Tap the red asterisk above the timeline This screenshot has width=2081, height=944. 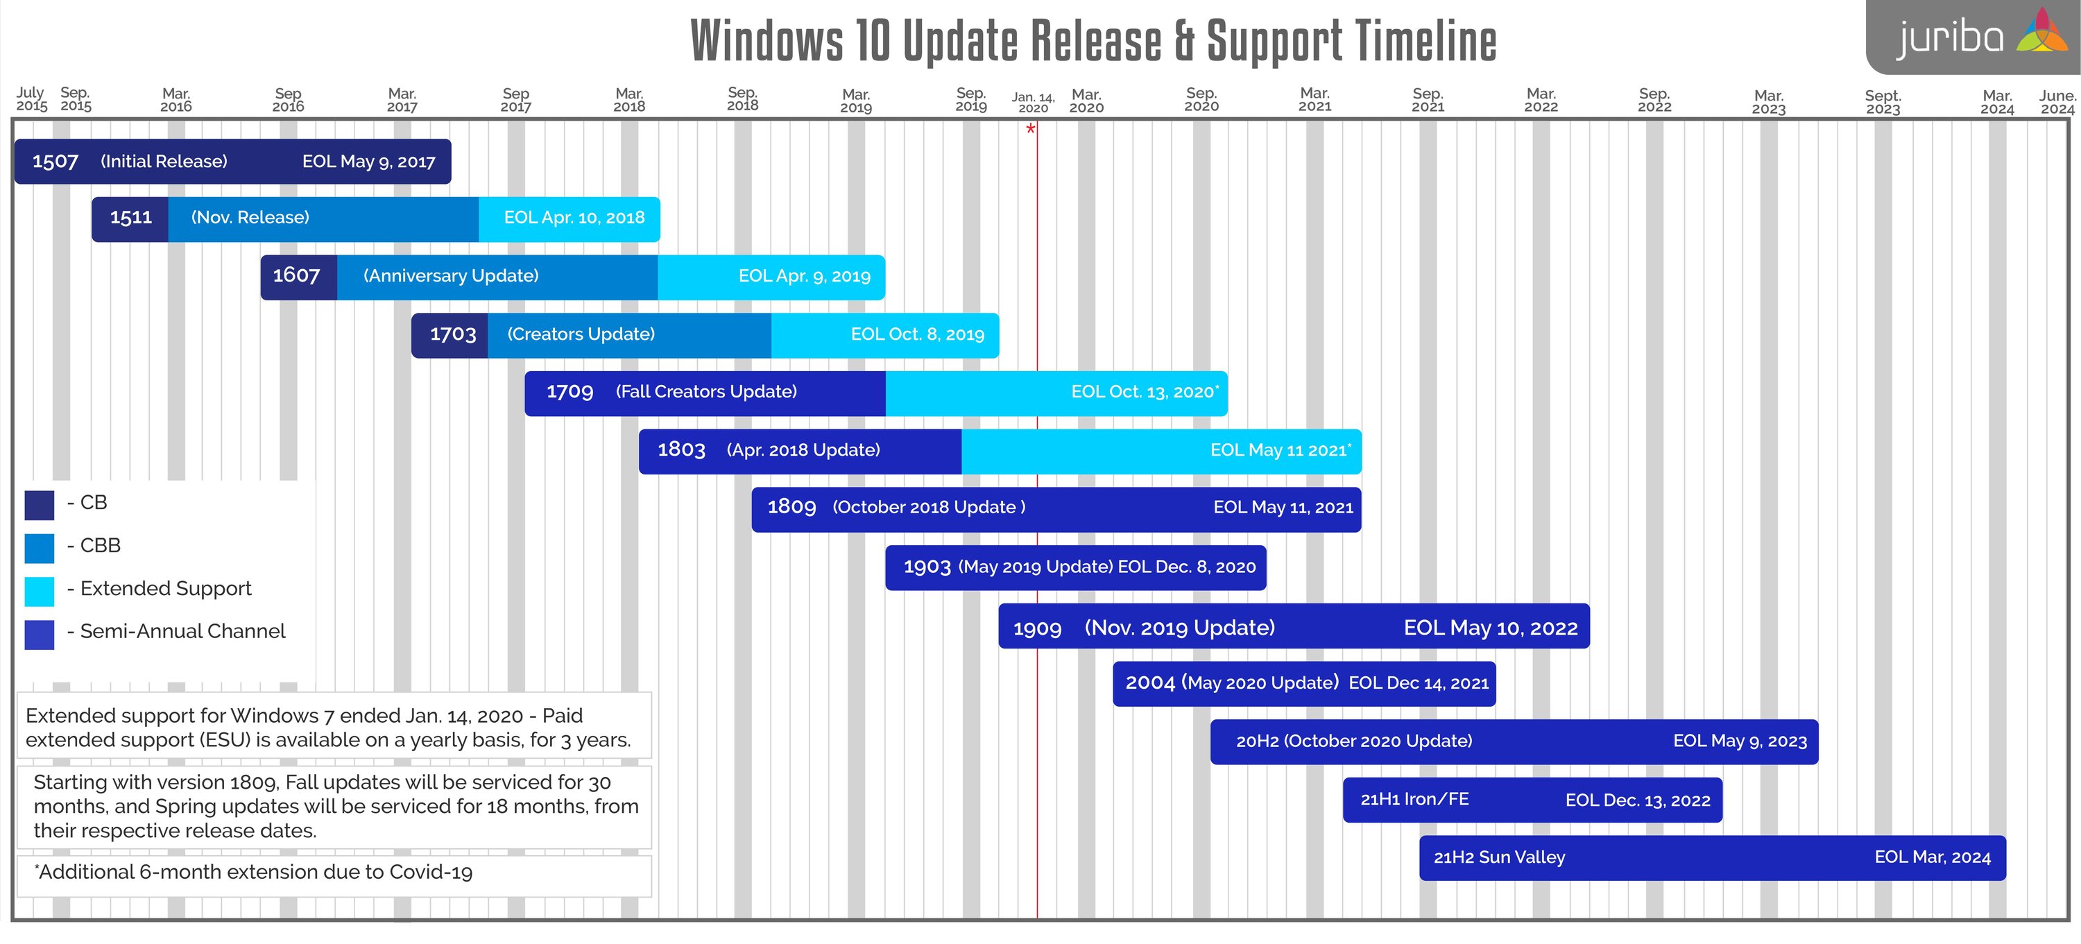(1031, 129)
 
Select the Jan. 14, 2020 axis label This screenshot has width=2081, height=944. (1034, 103)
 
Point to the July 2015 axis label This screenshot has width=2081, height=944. (31, 99)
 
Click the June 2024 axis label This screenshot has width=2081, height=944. (2057, 103)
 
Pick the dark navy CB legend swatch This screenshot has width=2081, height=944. (40, 505)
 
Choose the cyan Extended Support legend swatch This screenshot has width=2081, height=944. (40, 591)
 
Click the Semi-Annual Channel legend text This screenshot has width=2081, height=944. (182, 631)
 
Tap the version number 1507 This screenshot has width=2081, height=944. (55, 162)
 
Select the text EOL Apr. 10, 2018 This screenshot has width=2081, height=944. (574, 218)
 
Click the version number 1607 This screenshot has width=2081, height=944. (296, 276)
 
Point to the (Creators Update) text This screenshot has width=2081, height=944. (581, 334)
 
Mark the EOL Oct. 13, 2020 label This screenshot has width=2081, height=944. (1144, 393)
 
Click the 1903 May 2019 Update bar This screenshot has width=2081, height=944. (1075, 567)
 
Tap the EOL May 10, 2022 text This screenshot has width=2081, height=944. (1491, 628)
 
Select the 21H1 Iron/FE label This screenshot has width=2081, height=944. (1414, 800)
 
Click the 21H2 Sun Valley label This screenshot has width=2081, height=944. (1499, 857)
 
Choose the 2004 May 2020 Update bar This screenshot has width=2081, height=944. (1304, 683)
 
